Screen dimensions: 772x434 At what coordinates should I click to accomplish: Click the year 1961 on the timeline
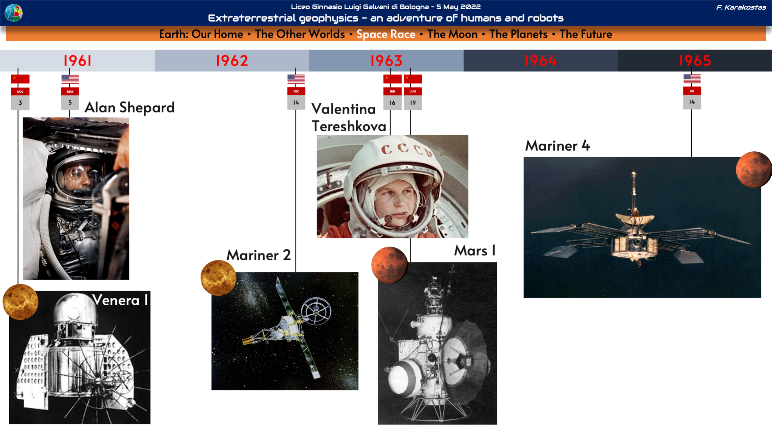(x=78, y=61)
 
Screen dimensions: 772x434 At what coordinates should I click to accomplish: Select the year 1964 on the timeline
(x=541, y=61)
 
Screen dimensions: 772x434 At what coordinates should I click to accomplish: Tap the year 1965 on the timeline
(x=695, y=61)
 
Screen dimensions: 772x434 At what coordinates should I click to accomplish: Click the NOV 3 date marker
(x=20, y=99)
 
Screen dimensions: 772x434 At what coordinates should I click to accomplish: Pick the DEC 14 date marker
(x=296, y=99)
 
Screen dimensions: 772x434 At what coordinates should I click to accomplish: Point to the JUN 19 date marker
(x=413, y=99)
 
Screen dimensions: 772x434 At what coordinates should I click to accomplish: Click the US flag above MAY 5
(x=70, y=79)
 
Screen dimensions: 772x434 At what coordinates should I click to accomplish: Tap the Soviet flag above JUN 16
(x=392, y=79)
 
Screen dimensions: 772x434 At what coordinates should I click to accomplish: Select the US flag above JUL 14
(x=692, y=79)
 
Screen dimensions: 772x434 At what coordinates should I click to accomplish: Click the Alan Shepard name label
(x=130, y=108)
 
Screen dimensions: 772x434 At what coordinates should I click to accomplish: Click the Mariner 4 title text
(x=557, y=146)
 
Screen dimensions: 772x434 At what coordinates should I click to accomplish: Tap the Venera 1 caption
(x=120, y=301)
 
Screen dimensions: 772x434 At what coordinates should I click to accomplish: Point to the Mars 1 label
(x=475, y=251)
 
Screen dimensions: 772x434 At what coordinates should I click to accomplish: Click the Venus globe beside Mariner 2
(x=218, y=278)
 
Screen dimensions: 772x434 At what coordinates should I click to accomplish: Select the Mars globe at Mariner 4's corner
(x=753, y=169)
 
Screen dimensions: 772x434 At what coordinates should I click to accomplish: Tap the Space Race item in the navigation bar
(x=386, y=34)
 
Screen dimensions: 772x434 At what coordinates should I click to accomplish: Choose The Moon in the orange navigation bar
(x=452, y=34)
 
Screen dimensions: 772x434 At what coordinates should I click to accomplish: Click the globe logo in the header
(x=14, y=13)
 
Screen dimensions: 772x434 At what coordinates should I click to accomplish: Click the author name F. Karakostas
(x=741, y=7)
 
